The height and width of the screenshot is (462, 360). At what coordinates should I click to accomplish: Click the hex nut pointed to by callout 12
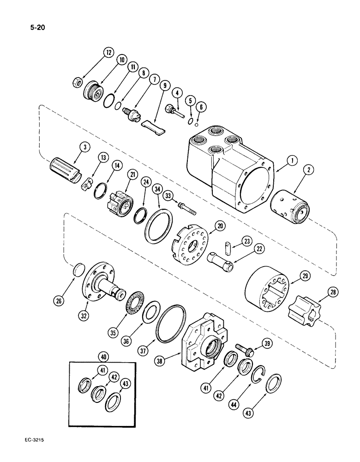coord(78,83)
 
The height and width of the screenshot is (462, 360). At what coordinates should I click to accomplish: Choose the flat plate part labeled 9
coord(154,125)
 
